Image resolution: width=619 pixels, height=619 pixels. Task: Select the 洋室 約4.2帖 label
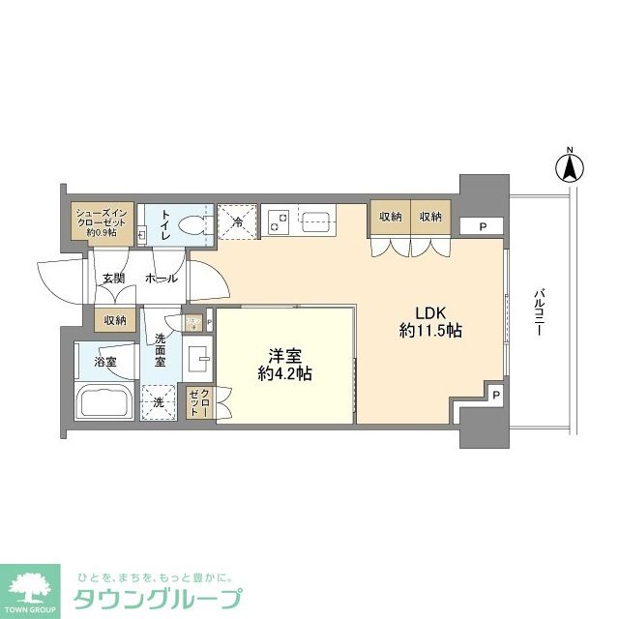click(x=282, y=364)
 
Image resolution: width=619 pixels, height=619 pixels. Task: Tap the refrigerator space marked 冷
click(x=237, y=221)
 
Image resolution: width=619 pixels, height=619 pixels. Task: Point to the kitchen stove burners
click(x=278, y=222)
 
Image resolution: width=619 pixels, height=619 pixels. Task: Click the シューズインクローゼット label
click(x=101, y=221)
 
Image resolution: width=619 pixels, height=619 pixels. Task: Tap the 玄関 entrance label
click(x=114, y=279)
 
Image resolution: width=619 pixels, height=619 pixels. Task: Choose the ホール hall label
click(x=160, y=279)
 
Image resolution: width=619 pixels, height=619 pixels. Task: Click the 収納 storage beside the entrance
click(x=115, y=320)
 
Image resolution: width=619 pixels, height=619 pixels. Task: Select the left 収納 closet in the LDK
click(x=390, y=218)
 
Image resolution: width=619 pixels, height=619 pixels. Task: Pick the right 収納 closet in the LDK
click(x=431, y=218)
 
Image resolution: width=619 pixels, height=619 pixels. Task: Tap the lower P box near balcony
click(x=495, y=395)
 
